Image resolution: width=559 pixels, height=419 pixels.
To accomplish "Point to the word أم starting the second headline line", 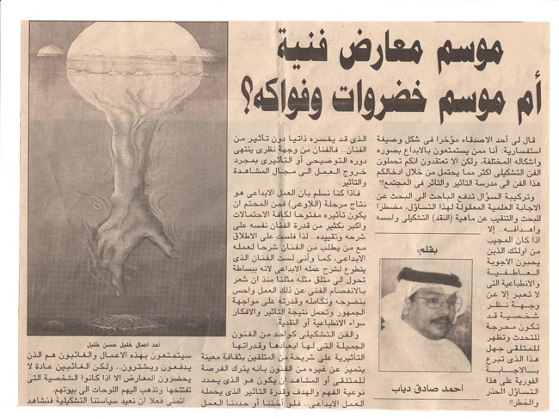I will point(519,104).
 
